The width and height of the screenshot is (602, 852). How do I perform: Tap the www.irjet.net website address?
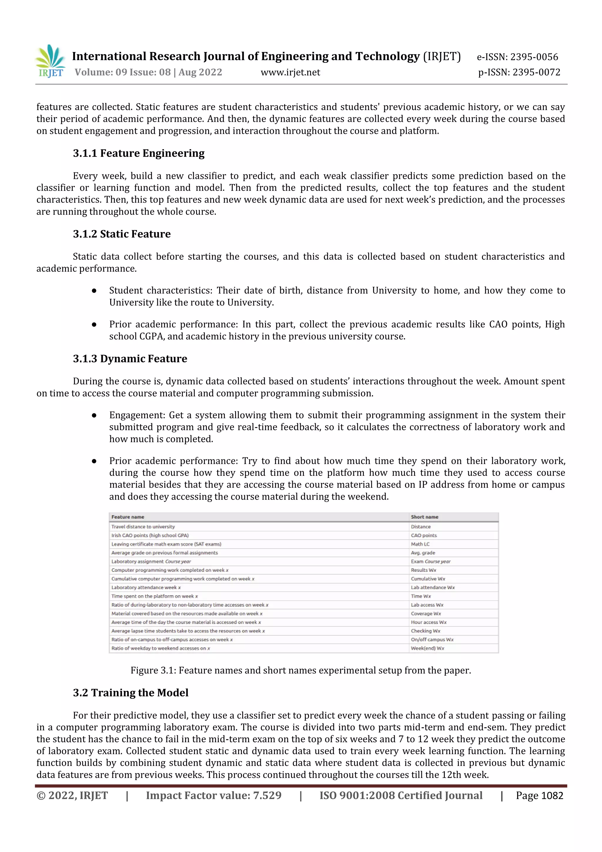click(290, 72)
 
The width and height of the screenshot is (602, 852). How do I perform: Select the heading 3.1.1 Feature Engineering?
click(138, 153)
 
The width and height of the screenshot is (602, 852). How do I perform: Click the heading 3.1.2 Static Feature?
click(122, 234)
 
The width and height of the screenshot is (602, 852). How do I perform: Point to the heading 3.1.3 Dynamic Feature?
click(130, 359)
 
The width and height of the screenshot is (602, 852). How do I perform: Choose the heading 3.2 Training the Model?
click(131, 692)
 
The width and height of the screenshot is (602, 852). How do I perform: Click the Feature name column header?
click(128, 517)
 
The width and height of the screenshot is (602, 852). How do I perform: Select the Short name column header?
click(424, 517)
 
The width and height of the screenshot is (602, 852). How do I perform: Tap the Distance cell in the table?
click(421, 526)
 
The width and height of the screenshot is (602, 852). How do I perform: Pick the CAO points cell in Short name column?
click(424, 536)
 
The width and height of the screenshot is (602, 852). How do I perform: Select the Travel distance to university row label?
click(143, 526)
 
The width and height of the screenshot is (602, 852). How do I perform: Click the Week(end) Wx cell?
click(427, 648)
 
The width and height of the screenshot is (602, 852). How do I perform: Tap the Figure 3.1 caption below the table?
click(300, 670)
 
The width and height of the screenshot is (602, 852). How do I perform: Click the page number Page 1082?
click(539, 795)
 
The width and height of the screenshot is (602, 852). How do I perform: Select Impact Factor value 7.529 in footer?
click(214, 795)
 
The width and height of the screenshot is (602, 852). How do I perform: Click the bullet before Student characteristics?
click(94, 291)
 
